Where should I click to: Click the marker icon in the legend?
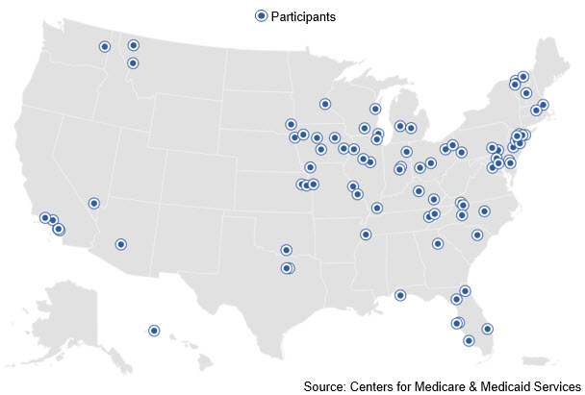tap(259, 15)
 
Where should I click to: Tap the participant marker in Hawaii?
tap(153, 331)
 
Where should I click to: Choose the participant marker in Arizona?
tap(120, 244)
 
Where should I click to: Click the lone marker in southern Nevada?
tap(93, 203)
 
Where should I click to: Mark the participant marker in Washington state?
tap(104, 46)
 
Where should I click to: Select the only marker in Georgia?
tap(437, 244)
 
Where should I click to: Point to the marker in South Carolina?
tap(477, 235)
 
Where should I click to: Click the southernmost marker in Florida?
tap(469, 340)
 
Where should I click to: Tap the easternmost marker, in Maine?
tap(543, 104)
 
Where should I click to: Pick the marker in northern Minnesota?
tap(325, 104)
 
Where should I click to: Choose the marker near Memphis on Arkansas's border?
tap(366, 235)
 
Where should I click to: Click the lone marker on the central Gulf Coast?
tap(400, 295)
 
